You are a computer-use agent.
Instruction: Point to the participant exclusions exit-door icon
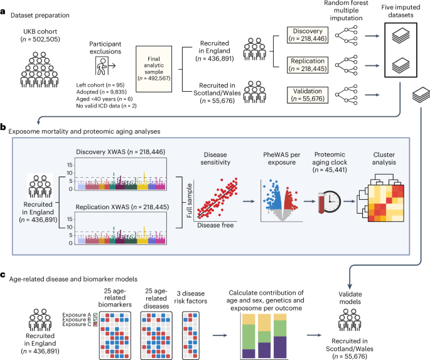coord(106,65)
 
